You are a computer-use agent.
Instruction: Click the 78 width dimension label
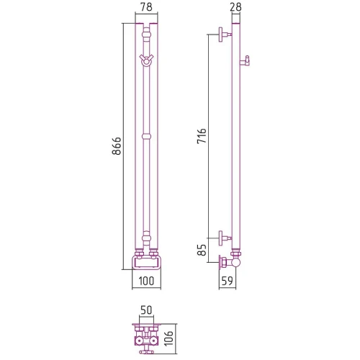[146, 7]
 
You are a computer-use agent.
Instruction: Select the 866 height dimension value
[117, 146]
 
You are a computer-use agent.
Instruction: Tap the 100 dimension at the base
[146, 281]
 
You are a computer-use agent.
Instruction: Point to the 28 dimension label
[235, 7]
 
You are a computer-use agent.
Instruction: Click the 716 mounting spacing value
[202, 136]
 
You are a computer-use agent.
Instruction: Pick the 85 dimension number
[202, 250]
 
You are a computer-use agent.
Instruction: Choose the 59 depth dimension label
[227, 281]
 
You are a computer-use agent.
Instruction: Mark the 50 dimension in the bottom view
[146, 310]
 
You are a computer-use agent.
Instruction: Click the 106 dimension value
[168, 338]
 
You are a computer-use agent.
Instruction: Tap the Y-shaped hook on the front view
[146, 60]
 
